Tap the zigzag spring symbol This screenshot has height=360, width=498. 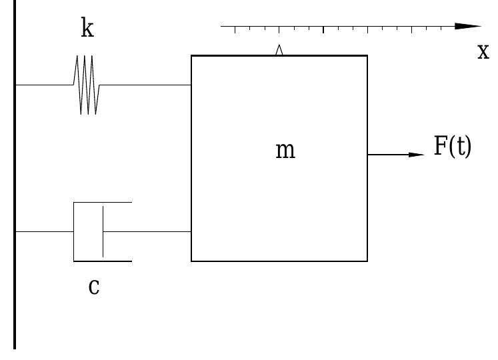coord(87,85)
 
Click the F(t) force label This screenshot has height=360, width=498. coord(453,147)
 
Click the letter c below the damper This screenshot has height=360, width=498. coord(94,287)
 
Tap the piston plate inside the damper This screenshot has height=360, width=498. coord(103,231)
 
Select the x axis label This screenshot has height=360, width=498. coord(483,51)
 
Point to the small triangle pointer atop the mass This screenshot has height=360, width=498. coord(279,50)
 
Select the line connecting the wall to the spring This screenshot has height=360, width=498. coord(43,85)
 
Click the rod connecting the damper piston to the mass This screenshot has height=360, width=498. coord(147,231)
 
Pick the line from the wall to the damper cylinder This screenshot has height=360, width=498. coord(44,231)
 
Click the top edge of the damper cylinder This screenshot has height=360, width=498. coord(103,202)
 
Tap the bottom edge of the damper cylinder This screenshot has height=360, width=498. coord(103,261)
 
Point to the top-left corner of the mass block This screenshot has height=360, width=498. coord(192,56)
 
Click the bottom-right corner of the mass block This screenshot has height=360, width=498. coord(367,261)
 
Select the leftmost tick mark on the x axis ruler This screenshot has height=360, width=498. coord(235,29)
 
